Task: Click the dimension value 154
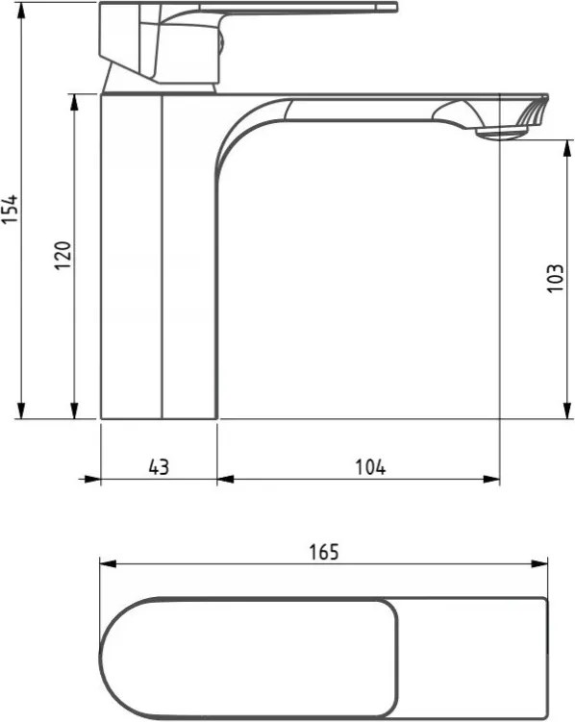click(x=10, y=209)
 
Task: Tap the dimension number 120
click(x=63, y=256)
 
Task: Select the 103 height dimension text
click(x=555, y=278)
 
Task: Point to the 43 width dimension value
click(x=159, y=467)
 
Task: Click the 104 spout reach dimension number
click(x=370, y=467)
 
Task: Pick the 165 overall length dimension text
click(x=324, y=552)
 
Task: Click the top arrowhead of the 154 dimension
click(x=21, y=11)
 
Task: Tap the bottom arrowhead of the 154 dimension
click(x=21, y=411)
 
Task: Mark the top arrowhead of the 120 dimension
click(x=74, y=103)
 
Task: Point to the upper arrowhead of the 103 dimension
click(x=567, y=148)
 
